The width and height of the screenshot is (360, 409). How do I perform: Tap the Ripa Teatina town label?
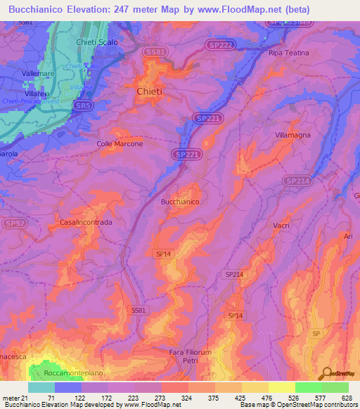coord(288,53)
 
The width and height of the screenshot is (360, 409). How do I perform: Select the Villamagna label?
coord(293,134)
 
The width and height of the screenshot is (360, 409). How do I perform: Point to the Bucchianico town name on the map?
coord(181,202)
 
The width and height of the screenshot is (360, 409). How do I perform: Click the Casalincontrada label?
coord(86,222)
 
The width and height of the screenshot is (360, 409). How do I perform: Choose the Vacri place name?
coord(281,225)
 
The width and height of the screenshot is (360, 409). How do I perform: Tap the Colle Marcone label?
coord(120,144)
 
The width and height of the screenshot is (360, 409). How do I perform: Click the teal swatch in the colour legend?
coord(41,387)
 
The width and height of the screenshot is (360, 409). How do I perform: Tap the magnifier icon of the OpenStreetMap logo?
coord(326,373)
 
